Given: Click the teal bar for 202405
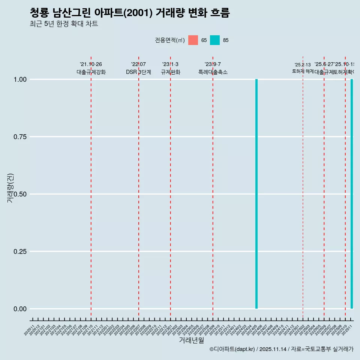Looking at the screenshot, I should coord(256,194).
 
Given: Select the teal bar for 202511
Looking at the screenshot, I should coord(352,194).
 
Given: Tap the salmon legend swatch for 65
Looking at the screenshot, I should coord(193,40).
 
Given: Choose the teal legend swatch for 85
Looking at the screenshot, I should coord(215,40).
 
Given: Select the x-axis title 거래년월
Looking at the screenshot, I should coord(191,340).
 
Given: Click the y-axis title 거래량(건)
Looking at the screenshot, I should coord(10,188).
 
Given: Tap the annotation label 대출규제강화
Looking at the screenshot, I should coord(91,72).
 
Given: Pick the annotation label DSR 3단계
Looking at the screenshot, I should coord(138,72).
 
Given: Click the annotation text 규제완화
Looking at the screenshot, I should coord(171,72).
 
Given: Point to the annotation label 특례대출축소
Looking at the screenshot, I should coord(213,72).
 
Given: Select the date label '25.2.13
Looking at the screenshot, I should coord(303,65).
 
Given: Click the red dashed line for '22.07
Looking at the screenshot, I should coord(139,187).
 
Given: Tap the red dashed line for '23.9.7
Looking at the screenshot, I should coord(213,187).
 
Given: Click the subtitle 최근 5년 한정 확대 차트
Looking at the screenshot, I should coord(64,24).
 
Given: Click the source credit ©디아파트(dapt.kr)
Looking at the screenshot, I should coord(232,349).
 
